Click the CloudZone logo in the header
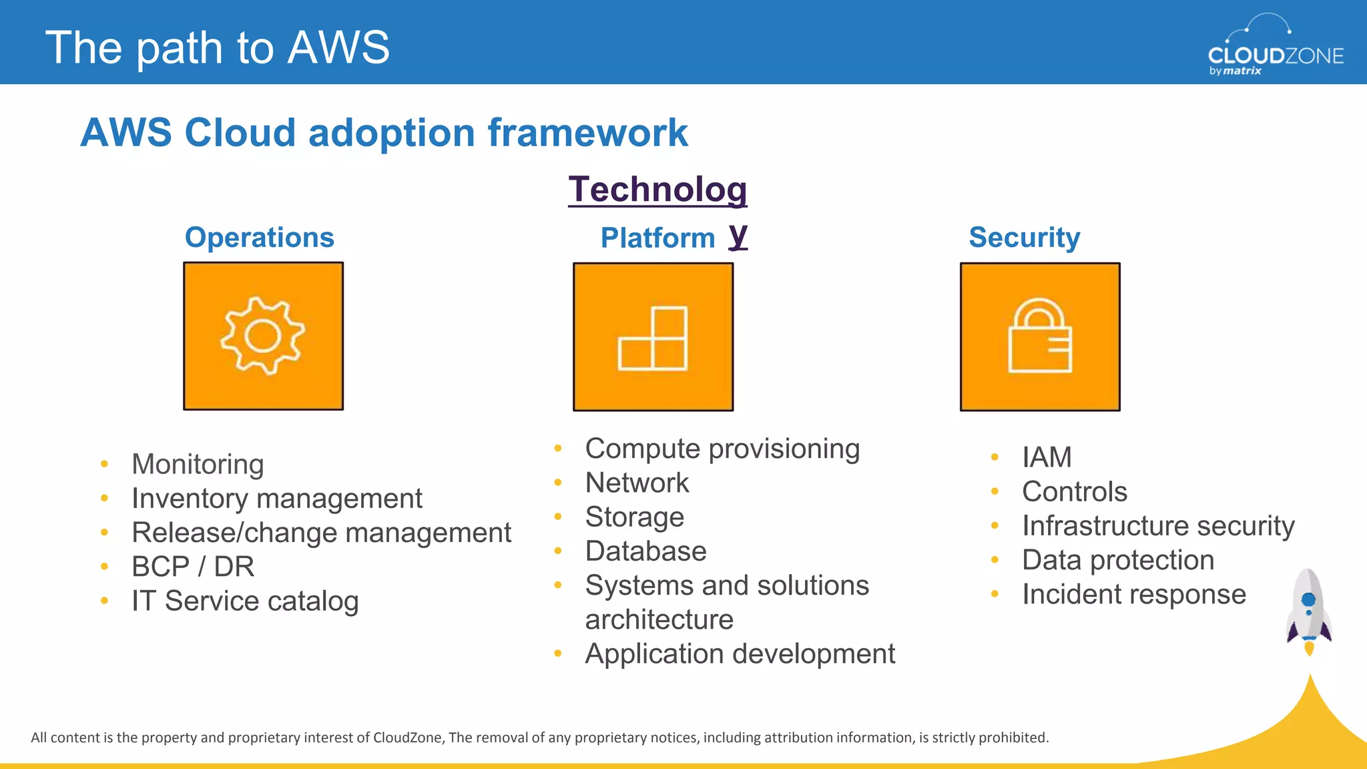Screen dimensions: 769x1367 [1275, 47]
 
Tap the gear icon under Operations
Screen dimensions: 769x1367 [263, 336]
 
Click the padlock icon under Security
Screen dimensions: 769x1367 [1040, 336]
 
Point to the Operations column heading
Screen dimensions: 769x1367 [259, 238]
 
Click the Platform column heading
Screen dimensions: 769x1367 [657, 238]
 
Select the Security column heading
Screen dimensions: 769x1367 [1024, 238]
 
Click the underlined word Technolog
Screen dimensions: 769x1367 [657, 190]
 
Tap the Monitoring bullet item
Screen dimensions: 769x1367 [198, 464]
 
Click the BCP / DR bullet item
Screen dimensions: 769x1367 [193, 567]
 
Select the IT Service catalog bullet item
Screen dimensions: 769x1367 [245, 601]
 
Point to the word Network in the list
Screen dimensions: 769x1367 [637, 483]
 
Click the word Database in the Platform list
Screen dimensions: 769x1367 [645, 551]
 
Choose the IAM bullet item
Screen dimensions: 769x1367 [1047, 458]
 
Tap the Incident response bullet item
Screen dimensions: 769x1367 [1133, 594]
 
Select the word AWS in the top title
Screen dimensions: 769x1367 [338, 47]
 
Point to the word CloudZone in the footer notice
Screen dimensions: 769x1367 [407, 738]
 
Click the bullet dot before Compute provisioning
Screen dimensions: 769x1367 [558, 449]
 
